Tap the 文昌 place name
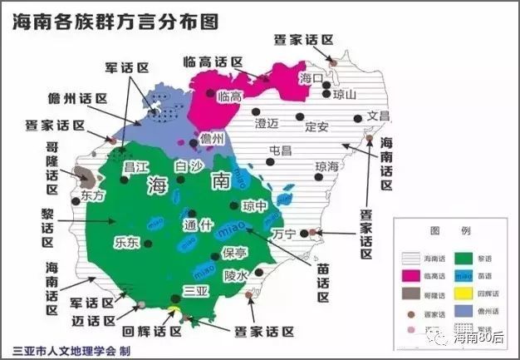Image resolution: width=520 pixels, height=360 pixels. [377, 116]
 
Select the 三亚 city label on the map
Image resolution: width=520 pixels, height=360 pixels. [195, 291]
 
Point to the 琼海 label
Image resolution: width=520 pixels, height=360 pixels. [327, 166]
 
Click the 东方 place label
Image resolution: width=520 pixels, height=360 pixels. [93, 197]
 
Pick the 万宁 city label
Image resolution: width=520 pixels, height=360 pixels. [283, 234]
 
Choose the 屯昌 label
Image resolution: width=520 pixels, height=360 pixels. [281, 150]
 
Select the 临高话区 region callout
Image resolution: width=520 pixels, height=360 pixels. [213, 62]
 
